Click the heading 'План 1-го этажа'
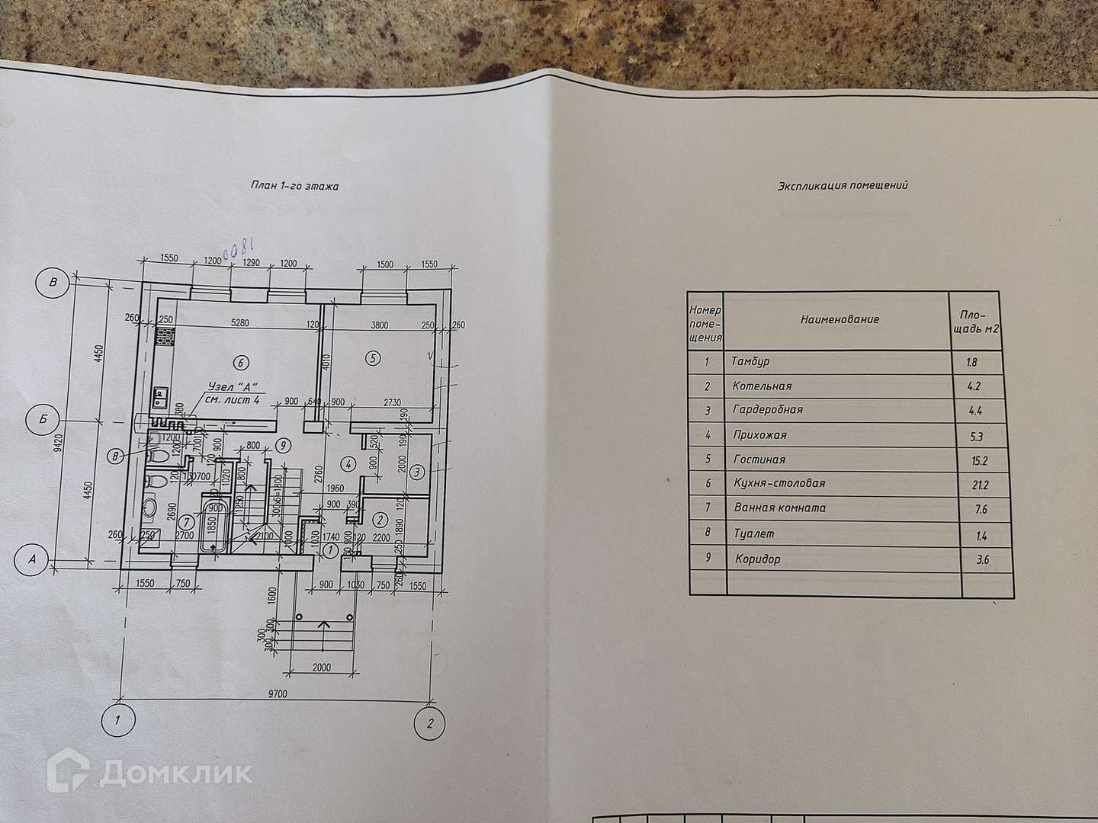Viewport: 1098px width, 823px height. (294, 185)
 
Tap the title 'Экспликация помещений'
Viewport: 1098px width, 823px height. (843, 185)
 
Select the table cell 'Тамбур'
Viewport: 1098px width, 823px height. (750, 362)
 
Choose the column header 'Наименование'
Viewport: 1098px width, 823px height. (840, 319)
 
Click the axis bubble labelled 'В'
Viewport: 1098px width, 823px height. (53, 283)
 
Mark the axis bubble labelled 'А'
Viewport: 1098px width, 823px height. (32, 559)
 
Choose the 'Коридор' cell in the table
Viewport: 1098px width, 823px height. (757, 560)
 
